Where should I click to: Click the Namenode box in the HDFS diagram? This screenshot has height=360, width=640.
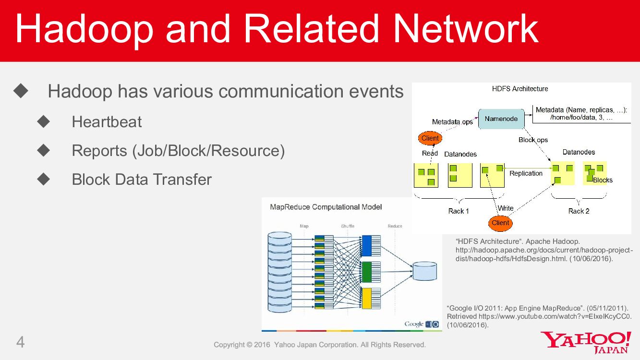pos(501,119)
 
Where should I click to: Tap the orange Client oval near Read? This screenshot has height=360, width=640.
pos(430,138)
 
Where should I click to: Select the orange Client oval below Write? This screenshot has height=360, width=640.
pos(500,223)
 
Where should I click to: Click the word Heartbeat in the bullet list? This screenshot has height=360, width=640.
pos(107,122)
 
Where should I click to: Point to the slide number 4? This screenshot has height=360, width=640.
pos(21,342)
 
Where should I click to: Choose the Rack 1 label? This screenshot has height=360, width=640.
pos(459,211)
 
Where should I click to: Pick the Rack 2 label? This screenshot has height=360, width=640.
pos(579,211)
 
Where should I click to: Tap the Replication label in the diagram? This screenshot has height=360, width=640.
pos(526,173)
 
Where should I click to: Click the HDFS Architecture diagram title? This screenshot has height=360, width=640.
pos(520,89)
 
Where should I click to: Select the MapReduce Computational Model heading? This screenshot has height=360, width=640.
pos(326,207)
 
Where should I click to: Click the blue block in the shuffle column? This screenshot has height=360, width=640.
pos(367,246)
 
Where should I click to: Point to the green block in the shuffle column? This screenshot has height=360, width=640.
pos(367,272)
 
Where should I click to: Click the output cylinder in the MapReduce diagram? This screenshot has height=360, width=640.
pos(425,271)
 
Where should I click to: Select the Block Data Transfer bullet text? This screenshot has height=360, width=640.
pos(142,180)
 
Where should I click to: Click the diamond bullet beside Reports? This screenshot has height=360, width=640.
pos(44,151)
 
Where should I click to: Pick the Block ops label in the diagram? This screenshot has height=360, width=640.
pos(533,140)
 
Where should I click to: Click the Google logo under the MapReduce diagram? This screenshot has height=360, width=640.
pos(414,324)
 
